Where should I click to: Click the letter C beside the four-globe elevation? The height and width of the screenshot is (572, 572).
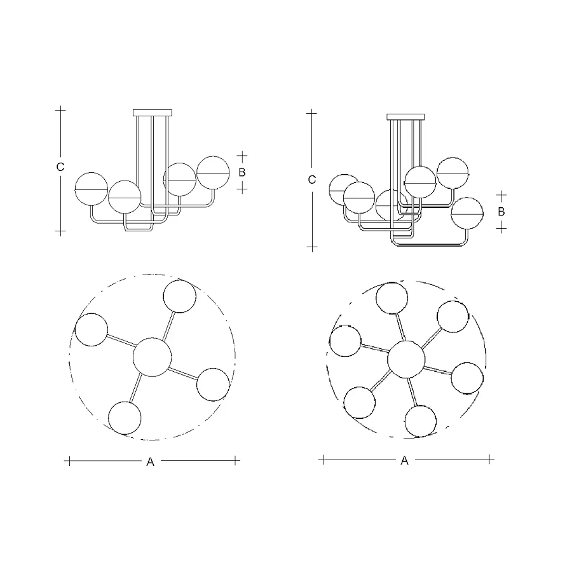pyautogui.click(x=60, y=167)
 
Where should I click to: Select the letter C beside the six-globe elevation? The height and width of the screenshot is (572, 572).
pyautogui.click(x=311, y=179)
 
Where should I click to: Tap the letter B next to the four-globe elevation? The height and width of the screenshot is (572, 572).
pyautogui.click(x=242, y=172)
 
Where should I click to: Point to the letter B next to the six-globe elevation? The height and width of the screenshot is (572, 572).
pyautogui.click(x=501, y=212)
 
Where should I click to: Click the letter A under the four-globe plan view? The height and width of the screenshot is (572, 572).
pyautogui.click(x=150, y=462)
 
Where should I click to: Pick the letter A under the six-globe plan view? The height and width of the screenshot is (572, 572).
pyautogui.click(x=404, y=461)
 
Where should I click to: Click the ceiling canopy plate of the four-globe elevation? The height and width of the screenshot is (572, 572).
pyautogui.click(x=153, y=112)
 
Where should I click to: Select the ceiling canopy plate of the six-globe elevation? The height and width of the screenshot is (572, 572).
pyautogui.click(x=405, y=117)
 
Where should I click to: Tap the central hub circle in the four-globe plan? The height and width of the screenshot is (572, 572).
pyautogui.click(x=152, y=357)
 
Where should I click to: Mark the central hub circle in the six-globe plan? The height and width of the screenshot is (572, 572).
pyautogui.click(x=406, y=360)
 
